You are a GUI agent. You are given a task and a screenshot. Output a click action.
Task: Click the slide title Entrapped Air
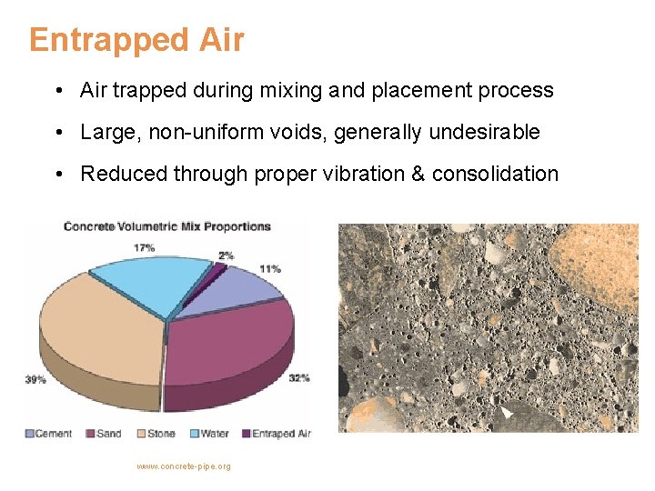(136, 40)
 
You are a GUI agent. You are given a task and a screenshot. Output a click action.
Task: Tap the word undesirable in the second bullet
(484, 133)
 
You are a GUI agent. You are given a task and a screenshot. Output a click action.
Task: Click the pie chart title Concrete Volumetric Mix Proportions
(167, 226)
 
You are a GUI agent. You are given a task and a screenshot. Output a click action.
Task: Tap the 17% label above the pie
(144, 246)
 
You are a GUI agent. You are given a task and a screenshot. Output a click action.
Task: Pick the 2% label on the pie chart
(226, 256)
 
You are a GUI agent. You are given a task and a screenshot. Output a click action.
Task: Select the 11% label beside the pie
(269, 269)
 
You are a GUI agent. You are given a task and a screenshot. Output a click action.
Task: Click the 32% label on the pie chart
(298, 377)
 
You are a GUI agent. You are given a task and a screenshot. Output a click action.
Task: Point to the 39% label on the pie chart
(35, 379)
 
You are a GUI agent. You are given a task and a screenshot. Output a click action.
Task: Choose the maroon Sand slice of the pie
(232, 341)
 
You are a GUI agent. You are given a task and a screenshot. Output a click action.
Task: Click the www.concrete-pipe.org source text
(183, 466)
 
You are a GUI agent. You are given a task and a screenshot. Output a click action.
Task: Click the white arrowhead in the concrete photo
(507, 412)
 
